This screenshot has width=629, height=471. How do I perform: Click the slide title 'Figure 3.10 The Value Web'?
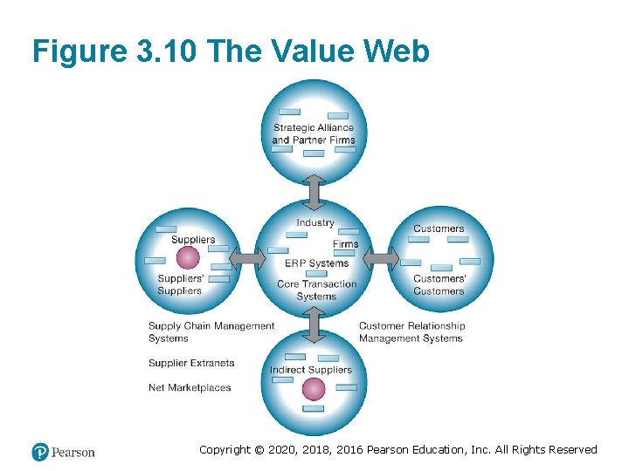click(231, 51)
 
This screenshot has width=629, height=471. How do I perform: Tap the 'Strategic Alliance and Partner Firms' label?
click(314, 133)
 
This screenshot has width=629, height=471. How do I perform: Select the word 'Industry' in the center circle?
click(315, 222)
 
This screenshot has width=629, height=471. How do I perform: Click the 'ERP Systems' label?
click(316, 263)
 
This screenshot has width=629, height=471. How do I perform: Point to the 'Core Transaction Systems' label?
click(316, 290)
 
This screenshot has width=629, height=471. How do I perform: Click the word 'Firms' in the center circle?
click(346, 244)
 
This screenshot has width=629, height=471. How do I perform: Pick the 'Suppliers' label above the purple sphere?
click(193, 240)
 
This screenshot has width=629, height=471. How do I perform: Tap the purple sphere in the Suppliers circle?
click(188, 258)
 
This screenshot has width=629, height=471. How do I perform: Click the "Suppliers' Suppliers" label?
click(181, 284)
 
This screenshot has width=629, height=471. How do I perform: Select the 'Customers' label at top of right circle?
click(439, 229)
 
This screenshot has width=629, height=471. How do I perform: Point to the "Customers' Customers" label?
click(439, 284)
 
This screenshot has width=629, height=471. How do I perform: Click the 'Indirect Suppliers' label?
click(311, 370)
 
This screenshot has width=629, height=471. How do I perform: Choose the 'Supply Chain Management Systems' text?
click(211, 332)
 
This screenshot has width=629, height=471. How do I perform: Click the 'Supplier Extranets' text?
click(191, 363)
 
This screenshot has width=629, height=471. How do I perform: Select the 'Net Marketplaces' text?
click(190, 387)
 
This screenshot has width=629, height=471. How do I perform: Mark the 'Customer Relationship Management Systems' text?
click(411, 332)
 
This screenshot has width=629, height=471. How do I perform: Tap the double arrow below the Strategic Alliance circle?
click(315, 192)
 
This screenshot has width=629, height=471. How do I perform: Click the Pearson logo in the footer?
click(63, 452)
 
